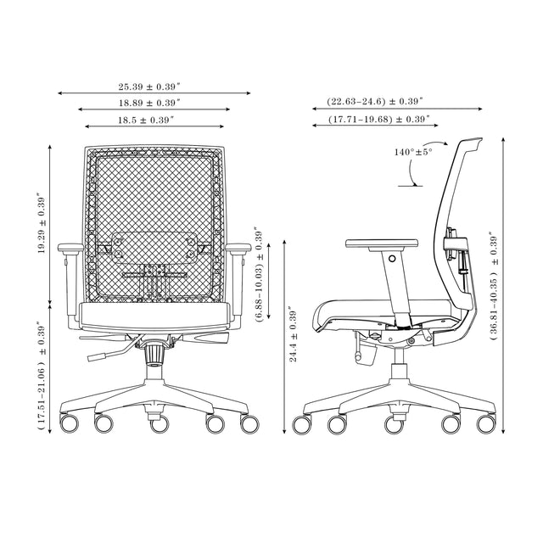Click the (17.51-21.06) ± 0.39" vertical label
41,377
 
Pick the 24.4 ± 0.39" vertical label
293,335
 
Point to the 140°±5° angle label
413,152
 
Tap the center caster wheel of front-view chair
159,423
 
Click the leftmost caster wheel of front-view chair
70,422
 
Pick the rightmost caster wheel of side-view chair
486,423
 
